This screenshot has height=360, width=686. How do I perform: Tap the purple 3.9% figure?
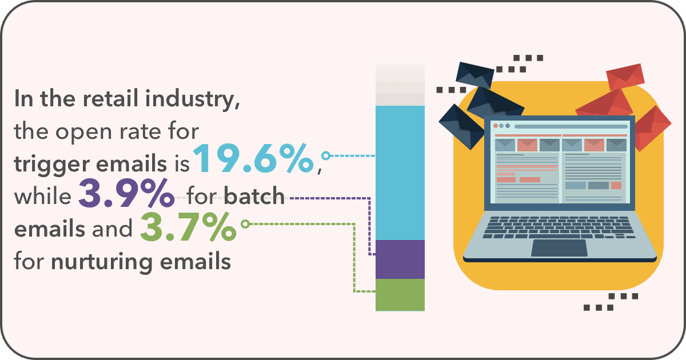tap(126, 194)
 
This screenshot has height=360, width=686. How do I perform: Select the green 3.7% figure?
tap(188, 227)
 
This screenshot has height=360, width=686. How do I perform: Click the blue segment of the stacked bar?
tap(400, 173)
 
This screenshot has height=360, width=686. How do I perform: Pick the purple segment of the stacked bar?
tap(400, 259)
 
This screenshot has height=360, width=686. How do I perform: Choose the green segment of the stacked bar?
tap(400, 295)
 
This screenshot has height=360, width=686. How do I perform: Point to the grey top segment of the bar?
tap(400, 85)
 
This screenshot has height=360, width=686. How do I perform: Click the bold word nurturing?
tap(102, 263)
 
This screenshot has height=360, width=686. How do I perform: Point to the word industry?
tap(193, 100)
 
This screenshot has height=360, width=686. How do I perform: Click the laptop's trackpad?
tap(559, 248)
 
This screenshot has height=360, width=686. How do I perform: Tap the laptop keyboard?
tap(559, 227)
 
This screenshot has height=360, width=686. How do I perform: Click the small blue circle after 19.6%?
tap(326, 155)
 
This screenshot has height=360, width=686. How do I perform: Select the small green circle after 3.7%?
tap(245, 224)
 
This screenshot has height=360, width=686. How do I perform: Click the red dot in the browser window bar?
tap(496, 126)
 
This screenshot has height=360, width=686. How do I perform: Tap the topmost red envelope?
tap(625, 77)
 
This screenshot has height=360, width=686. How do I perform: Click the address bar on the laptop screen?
tap(571, 126)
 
